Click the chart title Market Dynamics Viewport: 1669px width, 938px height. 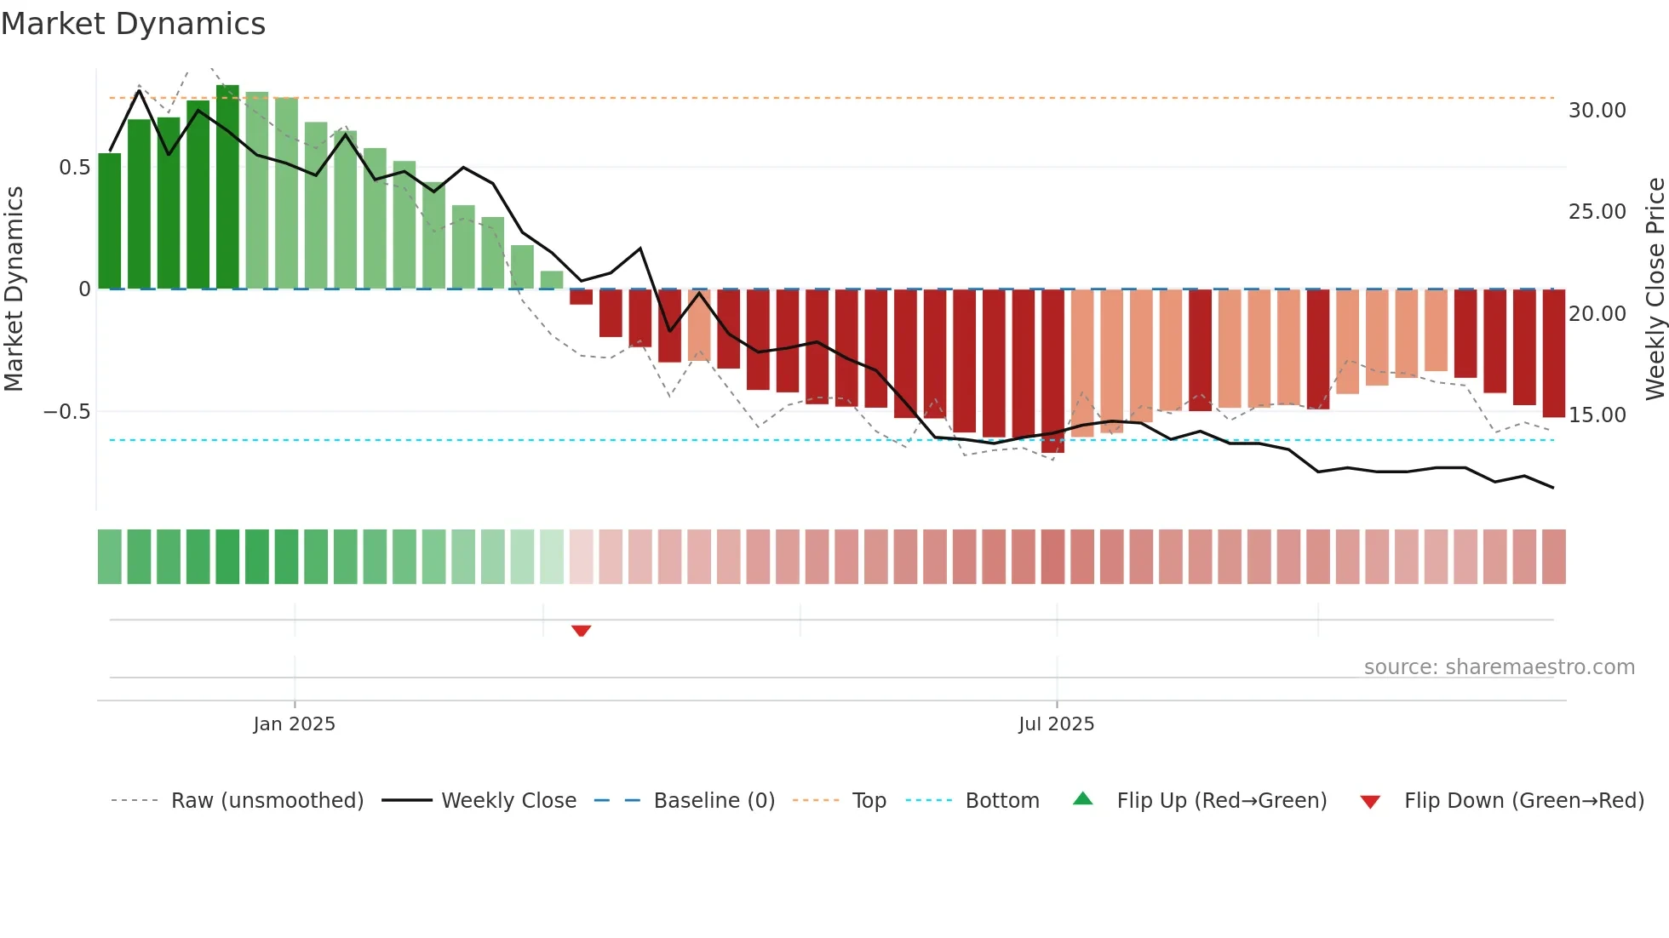(x=133, y=24)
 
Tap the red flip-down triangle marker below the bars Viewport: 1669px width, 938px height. (x=582, y=631)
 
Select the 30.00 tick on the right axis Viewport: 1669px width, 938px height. (x=1597, y=111)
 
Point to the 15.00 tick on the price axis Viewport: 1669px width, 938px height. (x=1597, y=415)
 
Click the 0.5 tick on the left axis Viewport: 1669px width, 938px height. (x=74, y=168)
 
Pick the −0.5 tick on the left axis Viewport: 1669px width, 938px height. (x=67, y=412)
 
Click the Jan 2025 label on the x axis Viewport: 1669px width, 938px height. (x=294, y=724)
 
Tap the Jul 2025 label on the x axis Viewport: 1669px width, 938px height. (x=1056, y=724)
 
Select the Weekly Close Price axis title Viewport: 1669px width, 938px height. (x=1655, y=289)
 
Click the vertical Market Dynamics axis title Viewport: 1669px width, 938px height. (x=14, y=289)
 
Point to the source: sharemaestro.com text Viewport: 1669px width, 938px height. (x=1499, y=667)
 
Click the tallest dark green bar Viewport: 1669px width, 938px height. (x=227, y=187)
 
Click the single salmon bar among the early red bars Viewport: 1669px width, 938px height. (x=699, y=325)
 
